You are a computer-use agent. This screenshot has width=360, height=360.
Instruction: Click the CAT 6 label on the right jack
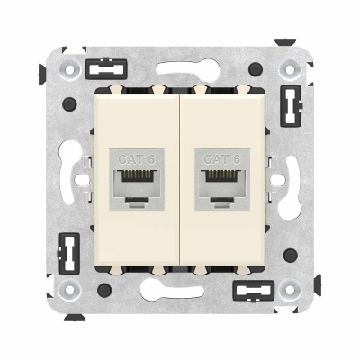[220, 159]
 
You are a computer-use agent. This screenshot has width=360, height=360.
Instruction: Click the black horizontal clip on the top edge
[107, 68]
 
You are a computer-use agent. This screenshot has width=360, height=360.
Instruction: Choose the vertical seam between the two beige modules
[180, 180]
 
